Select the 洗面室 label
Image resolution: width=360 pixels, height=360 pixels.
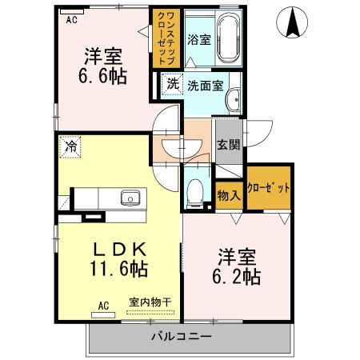click(205, 83)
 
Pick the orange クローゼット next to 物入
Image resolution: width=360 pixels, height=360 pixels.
click(268, 186)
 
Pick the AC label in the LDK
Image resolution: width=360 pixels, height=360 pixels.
click(103, 305)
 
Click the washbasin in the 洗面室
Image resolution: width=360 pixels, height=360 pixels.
click(234, 100)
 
